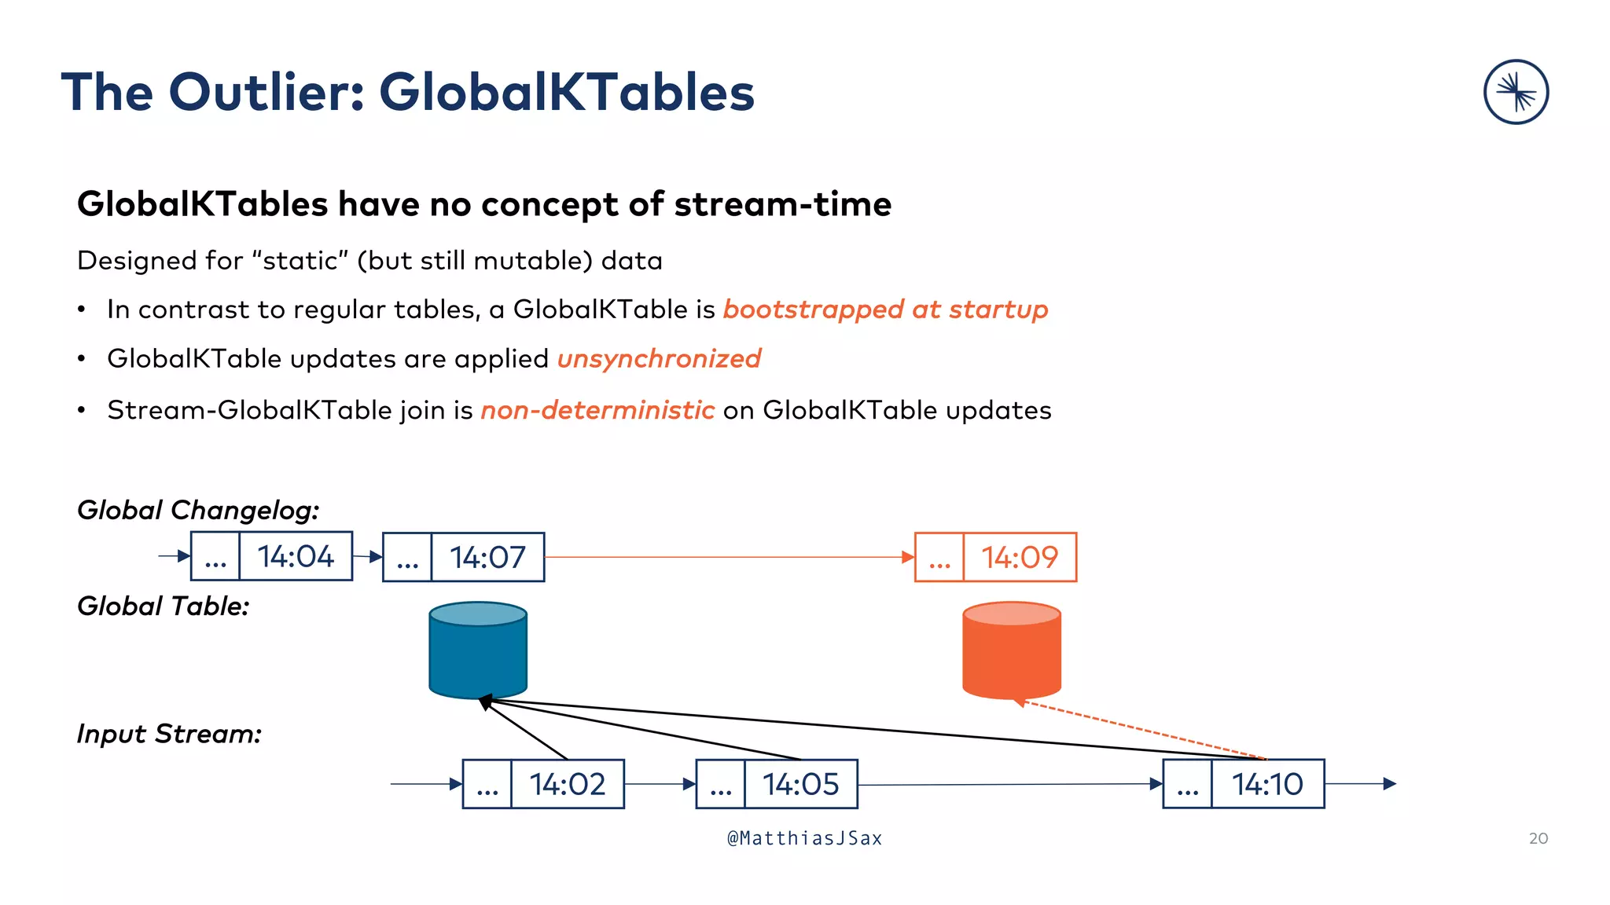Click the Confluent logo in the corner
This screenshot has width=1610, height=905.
pos(1516,92)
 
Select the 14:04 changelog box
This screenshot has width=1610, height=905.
pos(272,556)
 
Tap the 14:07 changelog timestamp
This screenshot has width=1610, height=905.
pos(487,557)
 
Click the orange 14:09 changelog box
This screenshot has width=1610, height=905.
pos(995,557)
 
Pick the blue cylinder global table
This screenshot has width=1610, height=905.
pos(478,650)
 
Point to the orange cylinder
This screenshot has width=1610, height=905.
pos(1012,650)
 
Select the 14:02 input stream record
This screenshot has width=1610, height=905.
pos(543,784)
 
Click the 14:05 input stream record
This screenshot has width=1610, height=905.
pos(777,784)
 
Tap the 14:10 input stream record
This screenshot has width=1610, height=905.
pos(1244,784)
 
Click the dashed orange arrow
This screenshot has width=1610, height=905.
pos(1140,730)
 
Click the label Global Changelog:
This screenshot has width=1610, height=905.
pos(198,511)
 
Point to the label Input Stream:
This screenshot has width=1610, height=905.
pos(169,734)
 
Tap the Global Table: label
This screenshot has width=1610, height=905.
pos(163,606)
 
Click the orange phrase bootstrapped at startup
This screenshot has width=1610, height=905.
pos(885,310)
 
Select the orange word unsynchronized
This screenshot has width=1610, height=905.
pos(659,359)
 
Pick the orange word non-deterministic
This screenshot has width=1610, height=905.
pos(597,410)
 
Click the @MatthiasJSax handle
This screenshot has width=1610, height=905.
pos(804,838)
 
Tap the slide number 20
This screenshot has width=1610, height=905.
pos(1538,838)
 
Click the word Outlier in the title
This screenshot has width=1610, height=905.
pos(266,93)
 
